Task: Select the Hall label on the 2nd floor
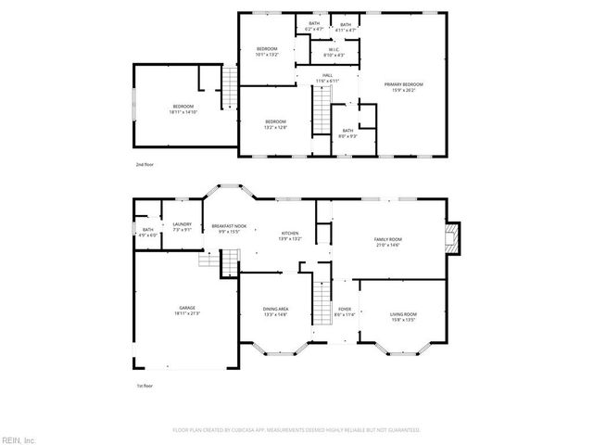327,79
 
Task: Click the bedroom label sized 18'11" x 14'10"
182,109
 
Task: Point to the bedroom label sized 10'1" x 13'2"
267,51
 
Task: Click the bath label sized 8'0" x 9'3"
347,133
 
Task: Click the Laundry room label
182,227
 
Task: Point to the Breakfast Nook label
229,229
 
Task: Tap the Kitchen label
290,235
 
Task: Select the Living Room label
402,317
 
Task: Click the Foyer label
344,312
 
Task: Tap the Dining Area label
276,312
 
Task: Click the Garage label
187,311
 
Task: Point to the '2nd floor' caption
145,163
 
